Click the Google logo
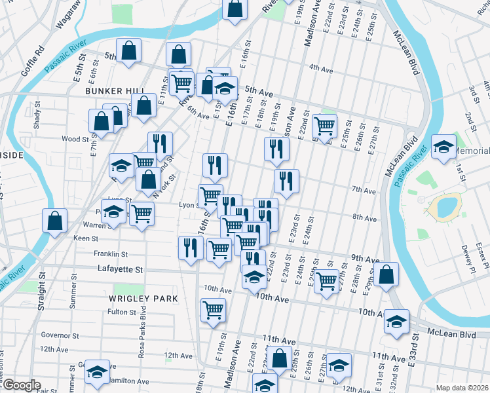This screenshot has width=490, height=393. coord(21,386)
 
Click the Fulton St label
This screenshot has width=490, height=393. coord(121,312)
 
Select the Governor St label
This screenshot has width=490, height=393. coord(60,335)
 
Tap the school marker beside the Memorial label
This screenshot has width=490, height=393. coord(443,147)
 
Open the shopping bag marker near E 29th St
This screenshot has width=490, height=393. coord(387,275)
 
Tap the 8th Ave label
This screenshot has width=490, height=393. coord(364,217)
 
